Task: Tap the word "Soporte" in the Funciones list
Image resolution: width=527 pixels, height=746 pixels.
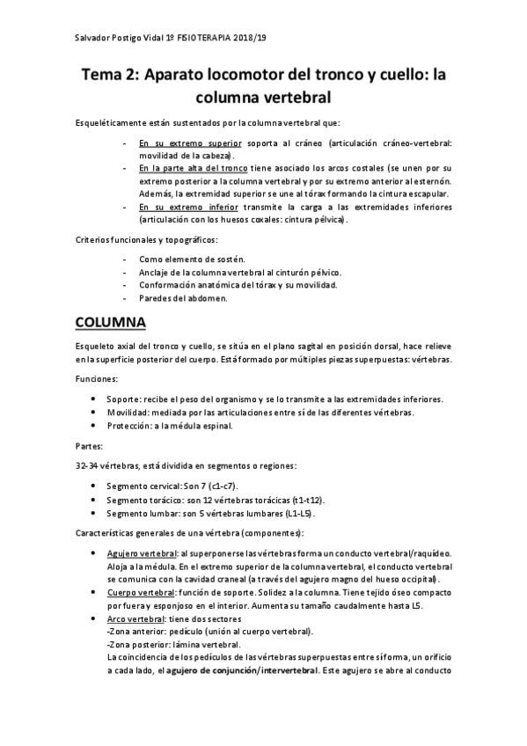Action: [122, 399]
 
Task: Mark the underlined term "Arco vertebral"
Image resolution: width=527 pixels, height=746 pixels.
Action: [133, 619]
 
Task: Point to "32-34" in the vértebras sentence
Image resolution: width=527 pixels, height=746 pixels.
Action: [86, 464]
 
